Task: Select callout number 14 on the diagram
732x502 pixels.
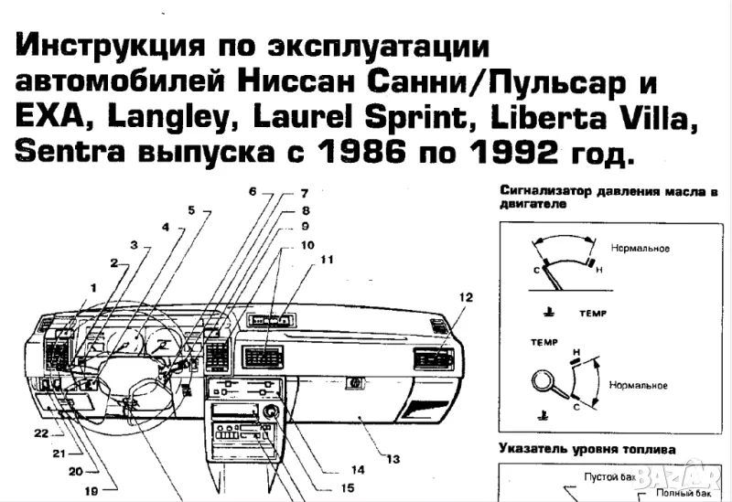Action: point(357,469)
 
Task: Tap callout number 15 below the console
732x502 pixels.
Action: point(347,488)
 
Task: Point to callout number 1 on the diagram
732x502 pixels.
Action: point(91,286)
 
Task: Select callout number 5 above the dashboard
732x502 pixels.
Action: point(192,210)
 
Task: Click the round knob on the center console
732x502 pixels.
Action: point(271,412)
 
